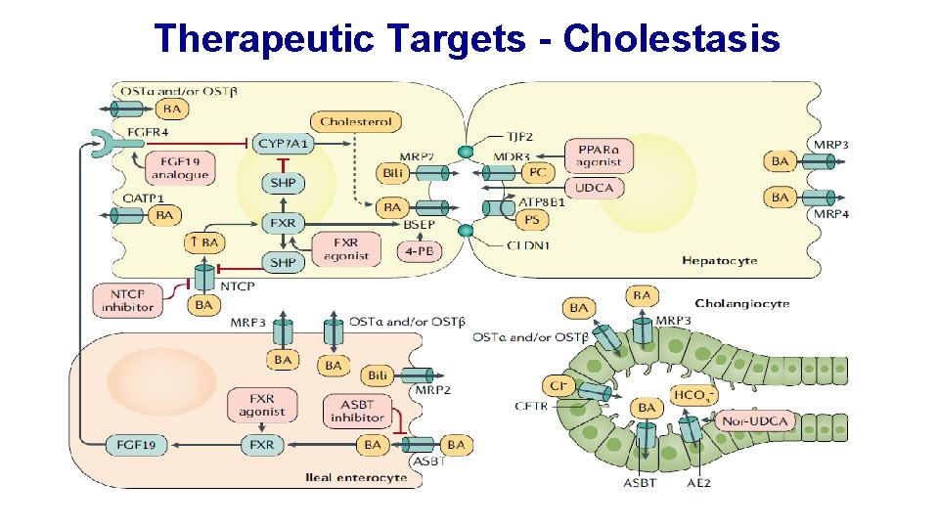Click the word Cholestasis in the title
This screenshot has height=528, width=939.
pos(672,38)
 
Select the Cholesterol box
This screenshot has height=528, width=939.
pos(356,122)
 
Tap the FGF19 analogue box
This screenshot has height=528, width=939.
pos(180,167)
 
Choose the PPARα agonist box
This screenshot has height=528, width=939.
pos(599,154)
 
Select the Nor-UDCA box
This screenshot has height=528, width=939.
pos(755,421)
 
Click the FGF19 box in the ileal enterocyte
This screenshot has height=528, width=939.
pos(137,445)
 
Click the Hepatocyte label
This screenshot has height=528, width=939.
pos(719,261)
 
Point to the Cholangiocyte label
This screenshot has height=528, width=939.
pos(741,303)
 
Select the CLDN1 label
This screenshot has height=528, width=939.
pos(528,244)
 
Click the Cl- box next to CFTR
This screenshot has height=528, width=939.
pos(559,386)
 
